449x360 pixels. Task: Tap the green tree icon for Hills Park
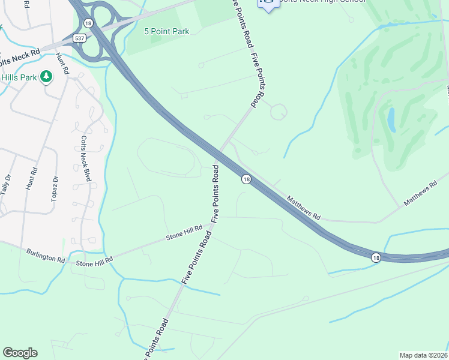(x=46, y=77)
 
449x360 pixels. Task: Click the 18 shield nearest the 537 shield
(x=88, y=23)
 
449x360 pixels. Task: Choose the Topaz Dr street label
(x=54, y=188)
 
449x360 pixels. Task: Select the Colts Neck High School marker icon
(x=268, y=4)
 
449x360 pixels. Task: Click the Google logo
(x=20, y=353)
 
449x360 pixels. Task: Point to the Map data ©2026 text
(x=423, y=355)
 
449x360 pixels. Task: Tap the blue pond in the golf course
(x=391, y=120)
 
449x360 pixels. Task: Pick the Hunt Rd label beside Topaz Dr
(x=32, y=179)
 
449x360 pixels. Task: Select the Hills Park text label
(x=19, y=77)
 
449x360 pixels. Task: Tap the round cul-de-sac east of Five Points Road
(x=279, y=112)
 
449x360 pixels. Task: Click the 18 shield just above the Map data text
(x=376, y=257)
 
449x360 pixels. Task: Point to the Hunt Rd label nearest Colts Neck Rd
(x=61, y=64)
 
